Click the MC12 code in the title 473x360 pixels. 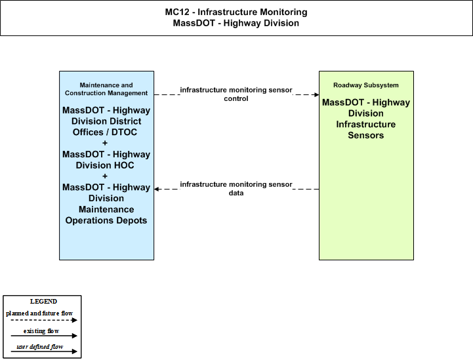[177, 12]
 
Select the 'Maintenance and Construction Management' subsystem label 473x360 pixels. [106, 89]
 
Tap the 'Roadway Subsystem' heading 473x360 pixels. [366, 85]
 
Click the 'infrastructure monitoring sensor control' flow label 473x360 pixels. [236, 94]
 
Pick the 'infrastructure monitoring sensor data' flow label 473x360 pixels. [236, 188]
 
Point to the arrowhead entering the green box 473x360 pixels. [317, 94]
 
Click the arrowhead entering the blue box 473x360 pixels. [157, 189]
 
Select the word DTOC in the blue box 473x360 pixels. [124, 132]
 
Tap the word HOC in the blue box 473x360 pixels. [124, 165]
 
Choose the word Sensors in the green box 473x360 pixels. [366, 135]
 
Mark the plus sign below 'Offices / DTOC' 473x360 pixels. [105, 143]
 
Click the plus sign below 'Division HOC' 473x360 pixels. [105, 176]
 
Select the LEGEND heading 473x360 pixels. [43, 302]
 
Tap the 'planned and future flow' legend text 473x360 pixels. [39, 313]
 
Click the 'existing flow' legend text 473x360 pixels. [41, 331]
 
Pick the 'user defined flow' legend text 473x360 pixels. [40, 347]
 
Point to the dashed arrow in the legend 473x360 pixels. [44, 320]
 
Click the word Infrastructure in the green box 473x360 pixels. [366, 124]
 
